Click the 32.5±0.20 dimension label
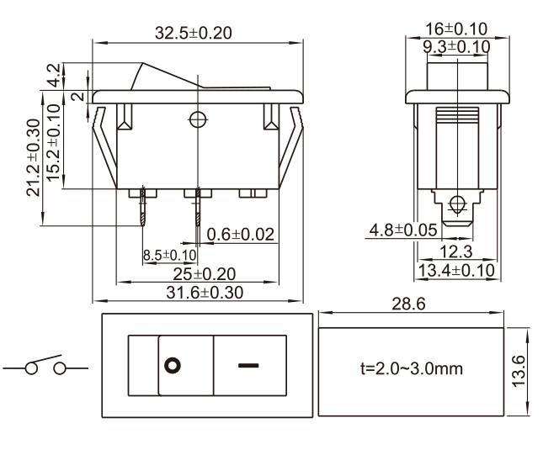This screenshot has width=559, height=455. [193, 34]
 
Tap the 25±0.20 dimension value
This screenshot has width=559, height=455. [204, 274]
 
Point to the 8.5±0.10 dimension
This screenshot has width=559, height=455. [169, 255]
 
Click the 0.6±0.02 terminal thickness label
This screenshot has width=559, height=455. [241, 235]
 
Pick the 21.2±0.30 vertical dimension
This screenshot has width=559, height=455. [33, 157]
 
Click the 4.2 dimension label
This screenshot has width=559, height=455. [53, 75]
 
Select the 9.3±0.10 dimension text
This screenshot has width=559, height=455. [458, 46]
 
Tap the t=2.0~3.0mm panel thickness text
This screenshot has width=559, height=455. [410, 368]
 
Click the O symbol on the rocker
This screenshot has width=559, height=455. [173, 367]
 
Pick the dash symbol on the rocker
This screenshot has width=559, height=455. [248, 367]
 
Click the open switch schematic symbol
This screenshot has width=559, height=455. [46, 366]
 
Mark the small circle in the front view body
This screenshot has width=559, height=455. [198, 119]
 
